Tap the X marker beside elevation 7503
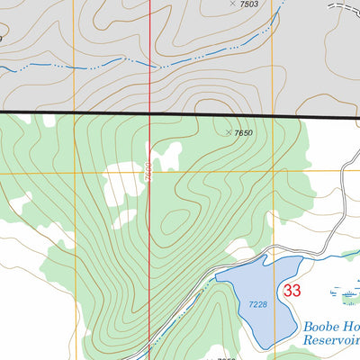232,4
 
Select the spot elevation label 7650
244,133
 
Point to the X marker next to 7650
228,131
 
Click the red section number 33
292,291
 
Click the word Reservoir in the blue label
330,341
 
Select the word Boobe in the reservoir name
319,327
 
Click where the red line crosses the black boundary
150,112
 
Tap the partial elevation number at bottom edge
226,357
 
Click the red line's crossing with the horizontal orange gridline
150,172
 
